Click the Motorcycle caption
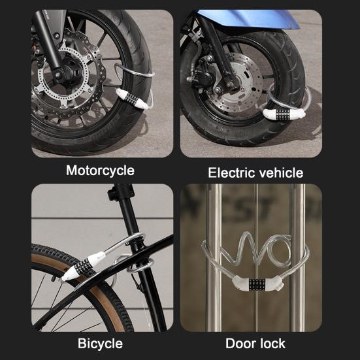[x=100, y=171]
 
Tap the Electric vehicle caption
[x=255, y=173]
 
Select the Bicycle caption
[x=100, y=342]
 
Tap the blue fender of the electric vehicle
[x=261, y=20]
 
